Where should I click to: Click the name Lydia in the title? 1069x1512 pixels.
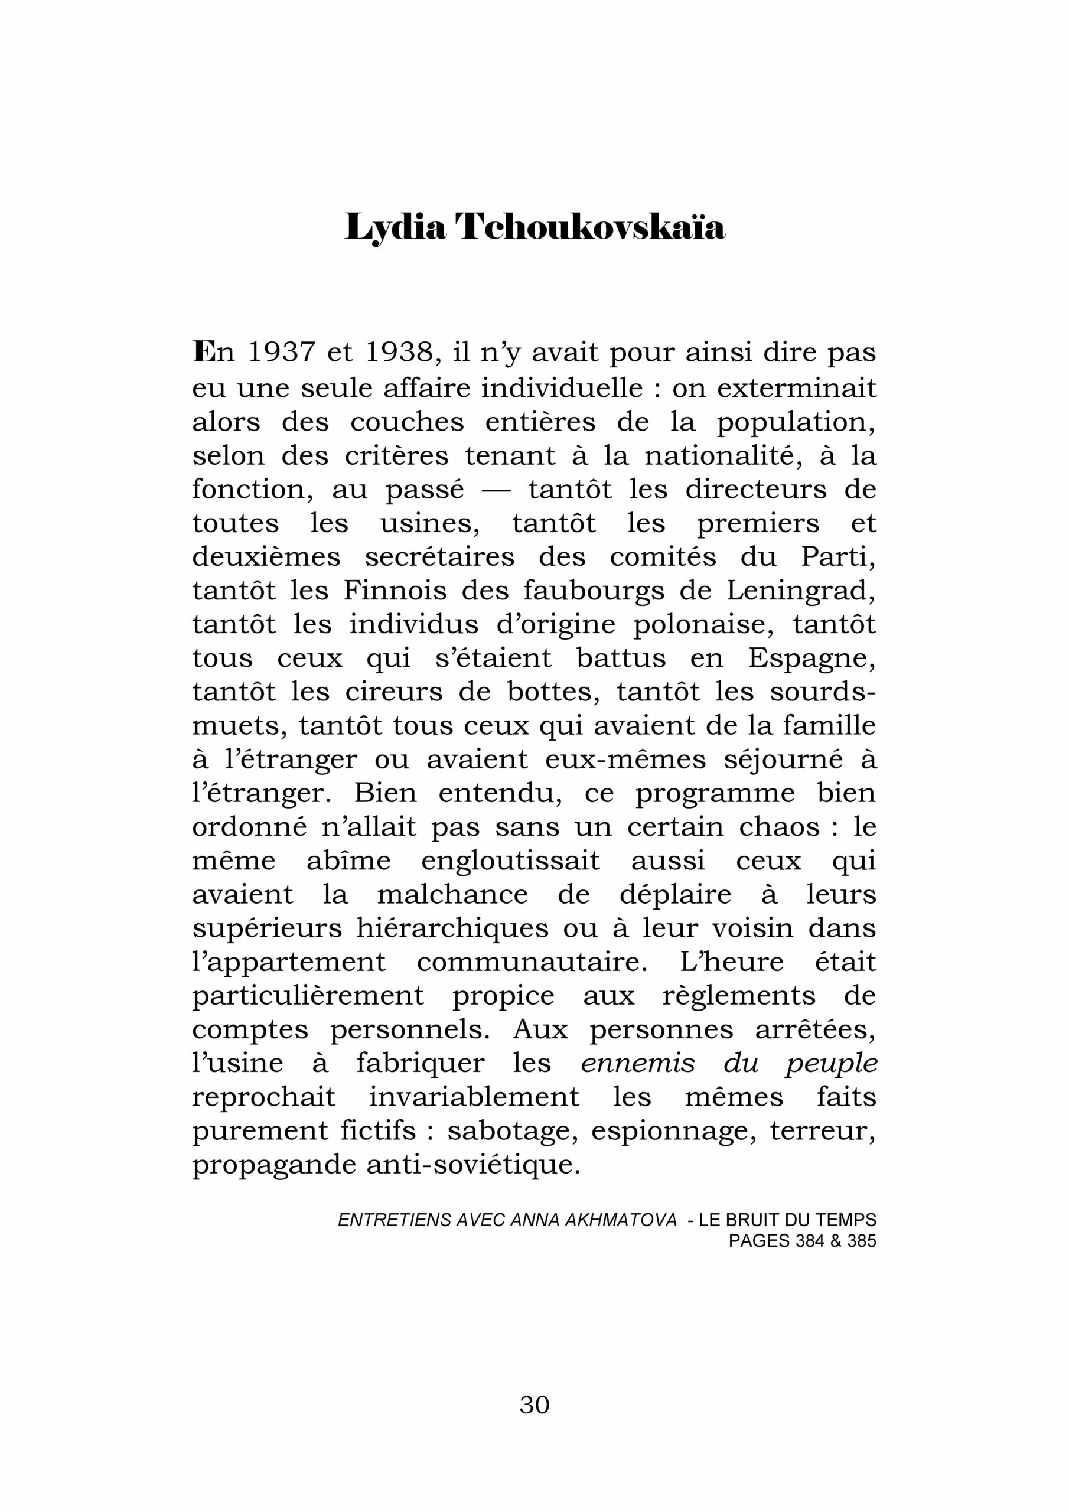395,228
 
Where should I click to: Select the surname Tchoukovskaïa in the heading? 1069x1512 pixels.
590,228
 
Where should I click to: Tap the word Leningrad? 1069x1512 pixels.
801,591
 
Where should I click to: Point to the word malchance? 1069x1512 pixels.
452,895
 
